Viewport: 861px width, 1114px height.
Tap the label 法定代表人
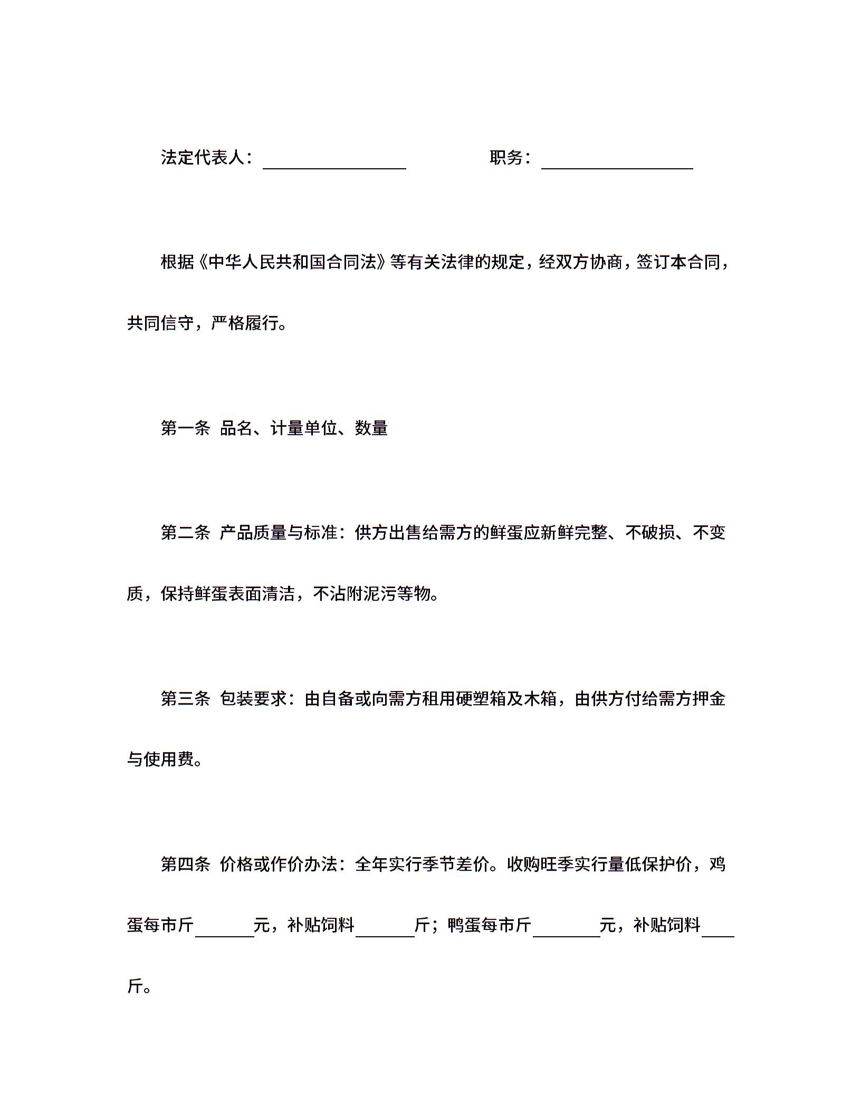[203, 157]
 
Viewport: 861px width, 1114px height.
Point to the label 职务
[506, 157]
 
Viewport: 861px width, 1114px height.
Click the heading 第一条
[185, 428]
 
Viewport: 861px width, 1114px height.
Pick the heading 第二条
[185, 533]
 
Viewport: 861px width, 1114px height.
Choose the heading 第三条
[185, 699]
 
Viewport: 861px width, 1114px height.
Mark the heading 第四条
[185, 865]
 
